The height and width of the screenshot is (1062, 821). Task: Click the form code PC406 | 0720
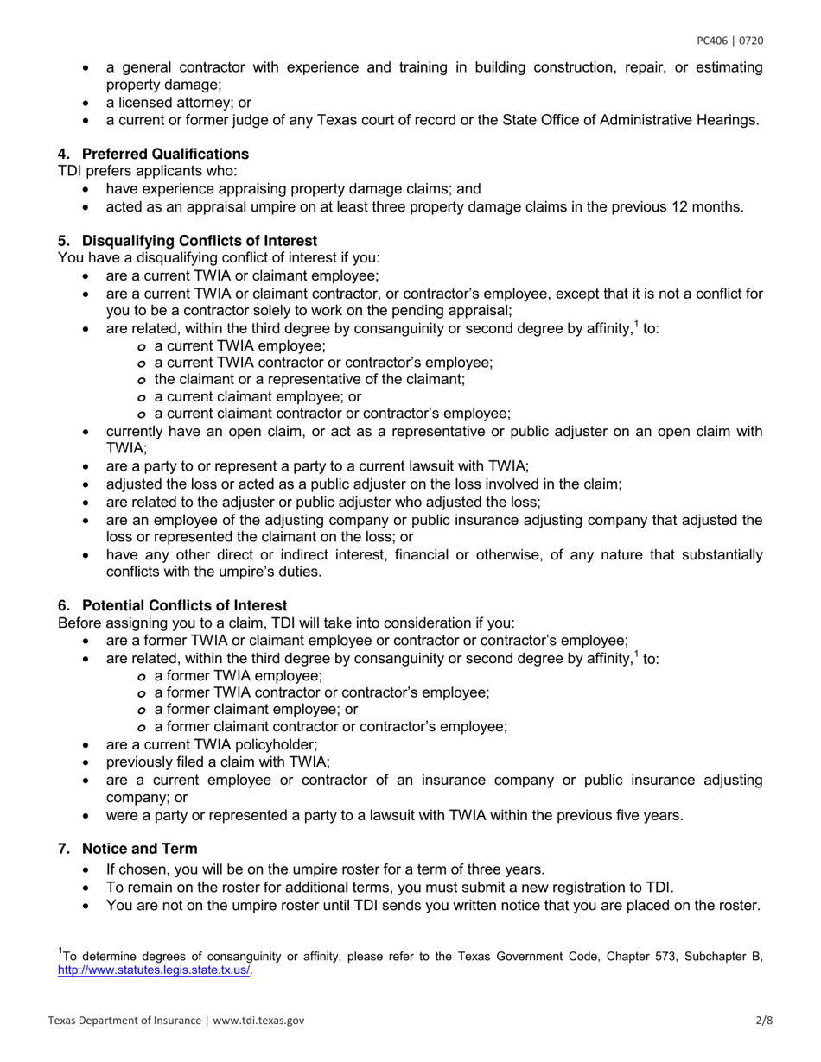point(730,41)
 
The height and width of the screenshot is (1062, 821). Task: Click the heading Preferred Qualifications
point(165,154)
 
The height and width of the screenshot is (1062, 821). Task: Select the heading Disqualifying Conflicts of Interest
point(199,240)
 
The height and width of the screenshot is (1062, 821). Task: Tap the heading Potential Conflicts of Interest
point(184,605)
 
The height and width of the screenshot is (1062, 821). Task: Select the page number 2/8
point(764,1020)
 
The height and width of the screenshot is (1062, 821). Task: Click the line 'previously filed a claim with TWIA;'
point(217,762)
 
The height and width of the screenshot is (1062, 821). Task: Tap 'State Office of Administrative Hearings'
point(631,120)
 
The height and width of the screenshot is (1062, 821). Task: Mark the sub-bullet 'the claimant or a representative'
point(309,379)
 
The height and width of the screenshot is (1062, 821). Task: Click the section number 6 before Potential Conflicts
point(63,605)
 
